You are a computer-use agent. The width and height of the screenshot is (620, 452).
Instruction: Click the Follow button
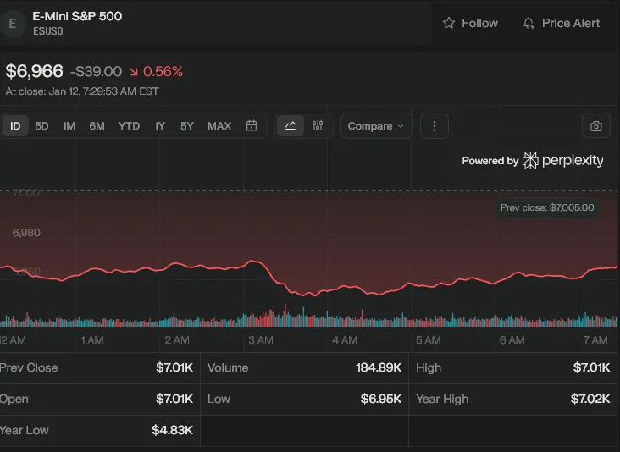tap(470, 24)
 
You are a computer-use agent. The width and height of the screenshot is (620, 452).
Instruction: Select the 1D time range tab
tap(14, 126)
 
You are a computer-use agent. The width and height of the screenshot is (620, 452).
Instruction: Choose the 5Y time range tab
tap(187, 126)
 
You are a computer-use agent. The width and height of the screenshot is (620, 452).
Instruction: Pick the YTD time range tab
tap(129, 126)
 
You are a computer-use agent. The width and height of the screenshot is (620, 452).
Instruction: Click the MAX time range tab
tap(219, 126)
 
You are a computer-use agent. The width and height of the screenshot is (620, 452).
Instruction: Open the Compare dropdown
tap(376, 126)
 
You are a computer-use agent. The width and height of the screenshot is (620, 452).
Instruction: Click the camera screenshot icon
tap(596, 126)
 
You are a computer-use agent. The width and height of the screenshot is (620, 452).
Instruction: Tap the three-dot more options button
tap(435, 126)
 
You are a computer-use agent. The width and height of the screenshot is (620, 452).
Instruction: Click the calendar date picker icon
tap(252, 126)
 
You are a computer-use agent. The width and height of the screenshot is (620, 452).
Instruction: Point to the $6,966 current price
tap(34, 72)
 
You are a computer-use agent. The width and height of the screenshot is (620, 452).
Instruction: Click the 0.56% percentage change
tap(163, 72)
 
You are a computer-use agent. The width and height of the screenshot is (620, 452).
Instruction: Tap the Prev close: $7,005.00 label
tap(546, 207)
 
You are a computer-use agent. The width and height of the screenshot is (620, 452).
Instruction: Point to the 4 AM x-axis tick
tap(345, 339)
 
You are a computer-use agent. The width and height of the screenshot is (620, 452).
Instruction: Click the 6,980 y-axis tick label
tap(25, 232)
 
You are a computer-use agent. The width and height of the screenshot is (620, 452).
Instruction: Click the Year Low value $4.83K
tap(173, 430)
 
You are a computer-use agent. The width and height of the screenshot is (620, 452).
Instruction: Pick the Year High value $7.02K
tap(590, 399)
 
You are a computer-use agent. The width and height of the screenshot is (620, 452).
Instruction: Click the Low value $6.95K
tap(381, 399)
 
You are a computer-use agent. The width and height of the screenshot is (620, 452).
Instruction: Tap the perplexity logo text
tap(573, 160)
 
